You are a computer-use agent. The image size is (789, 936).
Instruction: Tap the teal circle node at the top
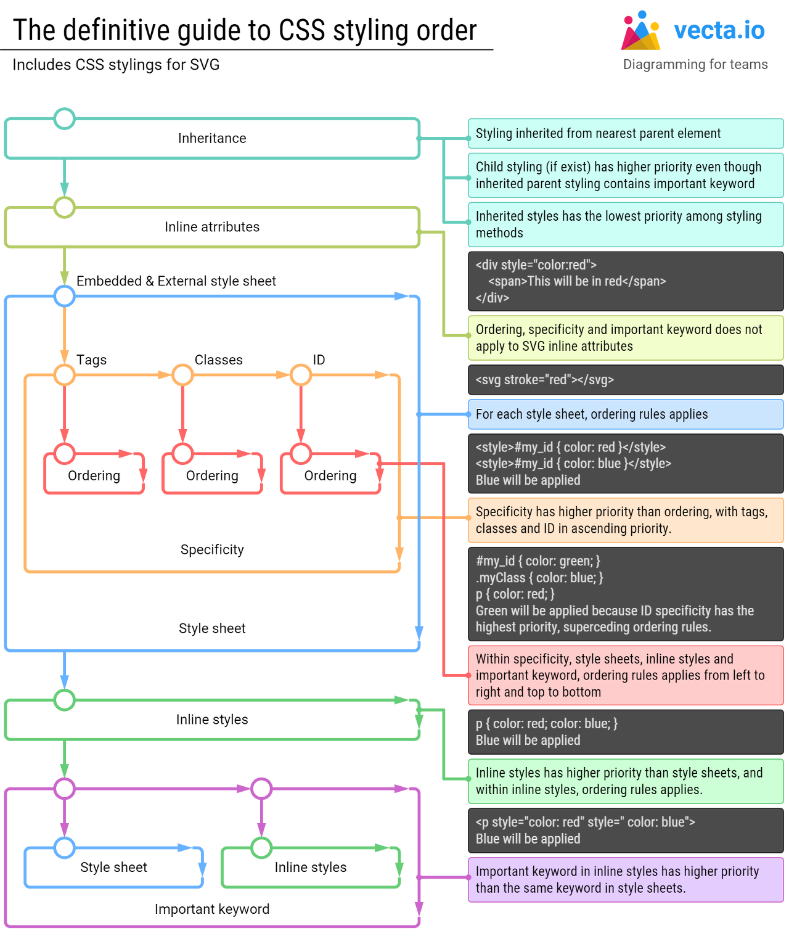tap(64, 118)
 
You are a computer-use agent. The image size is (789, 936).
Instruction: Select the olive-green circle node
tap(64, 208)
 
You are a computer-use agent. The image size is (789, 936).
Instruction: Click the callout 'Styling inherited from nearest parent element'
tap(625, 134)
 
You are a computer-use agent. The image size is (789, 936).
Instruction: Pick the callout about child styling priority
tap(625, 175)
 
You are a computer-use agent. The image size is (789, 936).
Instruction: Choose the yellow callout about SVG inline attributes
tap(625, 338)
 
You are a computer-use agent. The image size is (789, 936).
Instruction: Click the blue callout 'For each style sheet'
tap(625, 414)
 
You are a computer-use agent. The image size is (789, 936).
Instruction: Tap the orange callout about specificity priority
tap(625, 520)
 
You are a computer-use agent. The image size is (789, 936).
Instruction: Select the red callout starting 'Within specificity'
tap(625, 675)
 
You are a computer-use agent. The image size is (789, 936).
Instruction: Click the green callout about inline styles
tap(625, 781)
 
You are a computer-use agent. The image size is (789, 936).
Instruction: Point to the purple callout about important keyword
tap(625, 880)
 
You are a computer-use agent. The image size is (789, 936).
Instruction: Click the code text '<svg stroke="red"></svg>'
tap(545, 380)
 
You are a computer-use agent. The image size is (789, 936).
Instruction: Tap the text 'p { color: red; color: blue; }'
tap(546, 724)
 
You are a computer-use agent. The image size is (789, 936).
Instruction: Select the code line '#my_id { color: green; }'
tap(538, 561)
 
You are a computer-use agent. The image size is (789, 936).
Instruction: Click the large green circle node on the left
tap(64, 700)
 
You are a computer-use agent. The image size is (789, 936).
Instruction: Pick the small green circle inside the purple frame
tap(261, 847)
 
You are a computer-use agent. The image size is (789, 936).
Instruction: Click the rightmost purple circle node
tap(261, 789)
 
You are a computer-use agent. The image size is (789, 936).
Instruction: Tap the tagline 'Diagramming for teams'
tap(695, 64)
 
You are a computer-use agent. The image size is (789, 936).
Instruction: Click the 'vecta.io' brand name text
tap(719, 30)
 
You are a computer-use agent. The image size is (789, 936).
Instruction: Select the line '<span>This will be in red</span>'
tap(577, 282)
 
